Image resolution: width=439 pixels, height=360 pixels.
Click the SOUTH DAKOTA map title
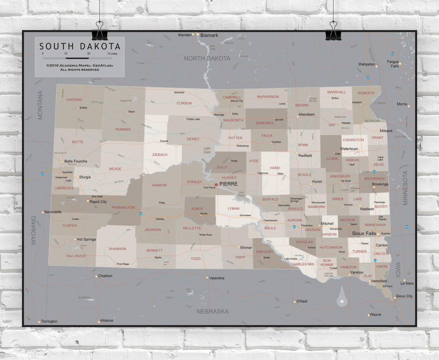(80, 46)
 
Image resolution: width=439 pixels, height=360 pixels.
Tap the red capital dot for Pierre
(216, 185)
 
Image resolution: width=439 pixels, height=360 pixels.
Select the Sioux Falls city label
(364, 233)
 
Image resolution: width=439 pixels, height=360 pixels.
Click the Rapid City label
(98, 202)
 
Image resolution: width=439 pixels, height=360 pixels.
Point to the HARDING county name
(74, 100)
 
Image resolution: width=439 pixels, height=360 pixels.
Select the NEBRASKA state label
(212, 312)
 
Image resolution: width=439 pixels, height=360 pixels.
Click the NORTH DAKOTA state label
(207, 59)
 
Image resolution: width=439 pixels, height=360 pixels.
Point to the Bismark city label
(209, 35)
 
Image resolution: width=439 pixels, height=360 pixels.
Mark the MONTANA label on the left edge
(40, 105)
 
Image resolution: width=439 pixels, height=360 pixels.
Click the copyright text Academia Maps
(80, 66)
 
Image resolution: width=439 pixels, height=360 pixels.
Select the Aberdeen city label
(306, 115)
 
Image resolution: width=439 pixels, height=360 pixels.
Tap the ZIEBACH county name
(160, 155)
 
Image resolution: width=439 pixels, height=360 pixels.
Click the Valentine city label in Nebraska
(217, 278)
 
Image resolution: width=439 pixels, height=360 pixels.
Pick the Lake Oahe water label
(207, 150)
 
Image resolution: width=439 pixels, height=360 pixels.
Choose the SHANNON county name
(117, 249)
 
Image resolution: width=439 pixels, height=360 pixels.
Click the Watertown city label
(349, 149)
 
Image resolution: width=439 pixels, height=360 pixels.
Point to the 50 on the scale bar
(88, 54)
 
